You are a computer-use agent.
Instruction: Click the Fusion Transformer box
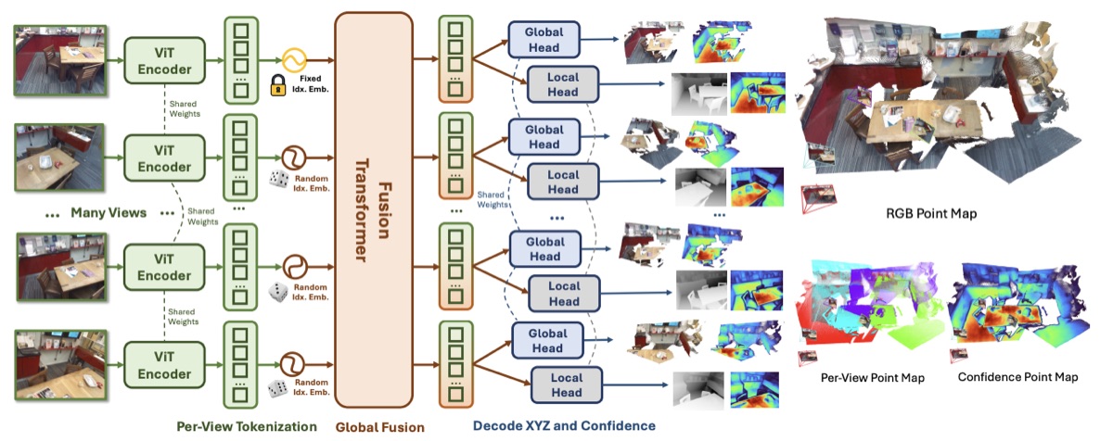[x=374, y=209]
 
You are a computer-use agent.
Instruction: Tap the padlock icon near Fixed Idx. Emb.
[x=278, y=85]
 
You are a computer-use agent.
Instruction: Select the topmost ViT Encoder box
[x=164, y=60]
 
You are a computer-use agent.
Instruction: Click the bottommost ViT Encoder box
[x=164, y=365]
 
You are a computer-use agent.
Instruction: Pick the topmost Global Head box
[x=544, y=39]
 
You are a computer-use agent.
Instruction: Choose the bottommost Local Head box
[x=567, y=384]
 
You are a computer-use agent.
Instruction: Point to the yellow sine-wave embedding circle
[x=294, y=60]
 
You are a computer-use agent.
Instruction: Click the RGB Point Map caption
[x=931, y=214]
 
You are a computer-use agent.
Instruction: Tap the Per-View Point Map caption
[x=873, y=378]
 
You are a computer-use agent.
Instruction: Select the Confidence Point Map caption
[x=1017, y=377]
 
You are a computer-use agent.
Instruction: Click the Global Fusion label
[x=380, y=428]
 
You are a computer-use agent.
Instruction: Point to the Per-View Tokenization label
[x=247, y=426]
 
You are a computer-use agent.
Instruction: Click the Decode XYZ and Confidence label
[x=564, y=425]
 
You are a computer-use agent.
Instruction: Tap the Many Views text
[x=109, y=213]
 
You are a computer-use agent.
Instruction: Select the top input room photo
[x=60, y=60]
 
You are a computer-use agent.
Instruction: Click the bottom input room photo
[x=61, y=365]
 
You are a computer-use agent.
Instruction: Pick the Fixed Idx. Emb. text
[x=310, y=83]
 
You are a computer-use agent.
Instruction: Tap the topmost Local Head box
[x=563, y=84]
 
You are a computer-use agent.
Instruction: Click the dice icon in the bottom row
[x=277, y=388]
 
